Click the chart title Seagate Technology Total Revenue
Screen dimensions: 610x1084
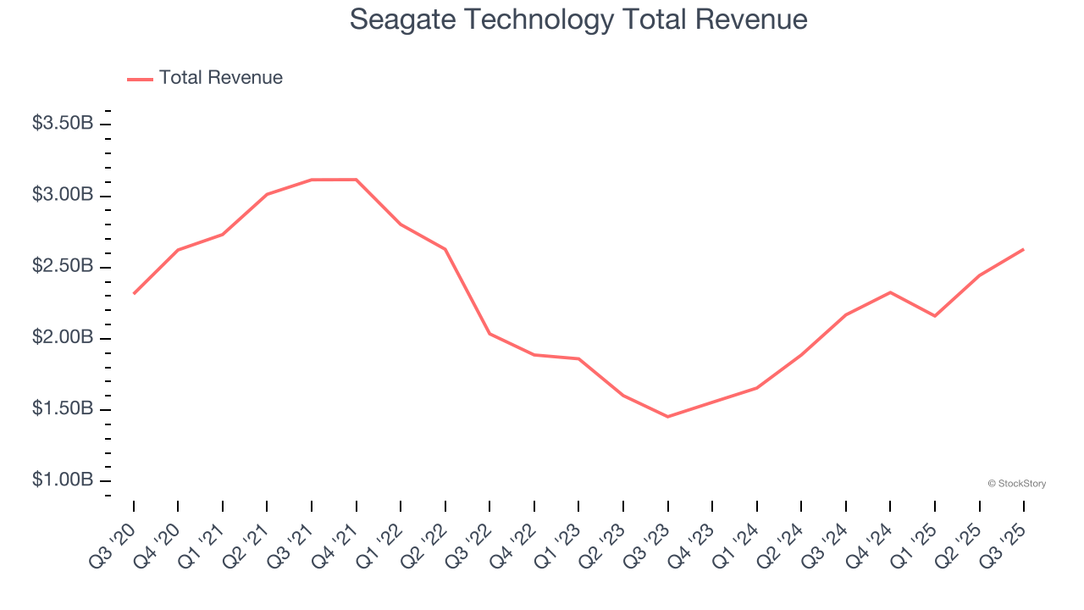pyautogui.click(x=578, y=19)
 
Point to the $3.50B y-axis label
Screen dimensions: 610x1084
pyautogui.click(x=63, y=124)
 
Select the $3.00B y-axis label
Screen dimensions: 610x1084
pyautogui.click(x=63, y=195)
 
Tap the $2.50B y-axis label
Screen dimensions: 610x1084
pyautogui.click(x=63, y=266)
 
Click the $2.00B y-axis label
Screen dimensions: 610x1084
pyautogui.click(x=63, y=337)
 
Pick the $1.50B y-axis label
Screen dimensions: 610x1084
pyautogui.click(x=63, y=409)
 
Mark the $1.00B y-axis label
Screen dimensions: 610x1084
pyautogui.click(x=63, y=480)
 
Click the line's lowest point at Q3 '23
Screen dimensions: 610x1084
pyautogui.click(x=667, y=417)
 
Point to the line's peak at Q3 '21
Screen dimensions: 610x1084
pyautogui.click(x=312, y=180)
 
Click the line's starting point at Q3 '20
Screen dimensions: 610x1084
pyautogui.click(x=134, y=293)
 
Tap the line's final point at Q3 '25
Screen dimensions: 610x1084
pyautogui.click(x=1023, y=249)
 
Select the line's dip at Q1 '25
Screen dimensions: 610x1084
pyautogui.click(x=934, y=316)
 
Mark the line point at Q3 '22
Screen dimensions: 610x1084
pyautogui.click(x=489, y=333)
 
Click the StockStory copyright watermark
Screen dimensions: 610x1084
pyautogui.click(x=1016, y=484)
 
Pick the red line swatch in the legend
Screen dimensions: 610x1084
pyautogui.click(x=140, y=79)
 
